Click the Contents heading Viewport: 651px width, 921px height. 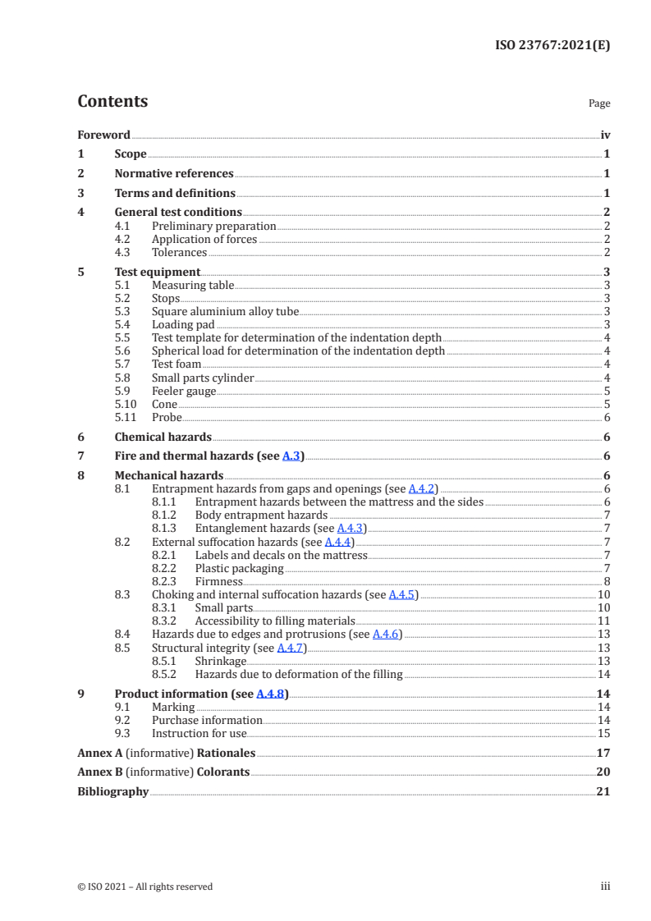[x=112, y=102]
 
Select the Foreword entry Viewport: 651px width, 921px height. [x=103, y=135]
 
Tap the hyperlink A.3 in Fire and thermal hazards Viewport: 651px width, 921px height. [x=291, y=456]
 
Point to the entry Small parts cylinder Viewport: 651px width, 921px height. [x=203, y=378]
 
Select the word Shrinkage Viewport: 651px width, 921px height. [x=220, y=661]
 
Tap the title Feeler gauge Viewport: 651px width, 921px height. [x=184, y=391]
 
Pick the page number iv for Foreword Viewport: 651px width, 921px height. [x=605, y=135]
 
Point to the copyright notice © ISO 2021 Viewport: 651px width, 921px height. [x=144, y=887]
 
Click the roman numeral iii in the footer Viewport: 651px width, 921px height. [x=606, y=887]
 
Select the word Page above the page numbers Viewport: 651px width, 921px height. [x=599, y=104]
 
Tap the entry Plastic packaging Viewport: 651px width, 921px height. [x=239, y=568]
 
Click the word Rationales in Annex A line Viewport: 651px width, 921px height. [x=227, y=752]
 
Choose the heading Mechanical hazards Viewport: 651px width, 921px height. [x=168, y=475]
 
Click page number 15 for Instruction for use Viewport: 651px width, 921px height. [x=603, y=733]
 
